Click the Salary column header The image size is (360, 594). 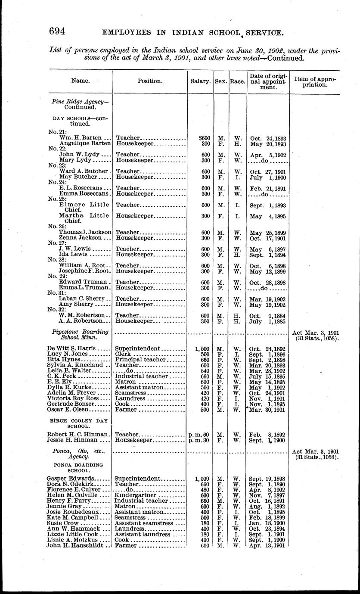200,81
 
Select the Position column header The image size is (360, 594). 150,81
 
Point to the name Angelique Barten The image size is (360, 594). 85,143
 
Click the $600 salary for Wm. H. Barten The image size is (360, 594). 204,138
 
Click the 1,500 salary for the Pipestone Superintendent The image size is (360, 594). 202,348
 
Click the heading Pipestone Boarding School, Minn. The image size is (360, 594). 80,335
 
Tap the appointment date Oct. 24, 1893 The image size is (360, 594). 267,138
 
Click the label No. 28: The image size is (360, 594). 56,260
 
